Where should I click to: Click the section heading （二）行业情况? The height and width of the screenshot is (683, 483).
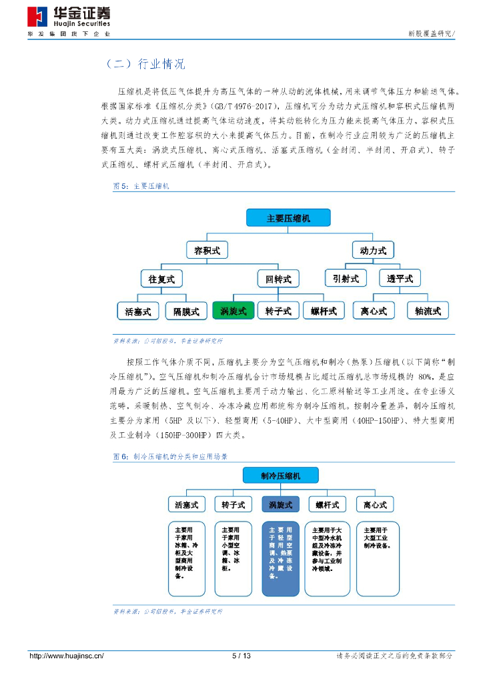pyautogui.click(x=145, y=64)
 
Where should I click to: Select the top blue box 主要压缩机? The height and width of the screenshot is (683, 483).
pyautogui.click(x=288, y=218)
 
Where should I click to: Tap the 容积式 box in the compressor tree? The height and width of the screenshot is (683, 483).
pyautogui.click(x=207, y=251)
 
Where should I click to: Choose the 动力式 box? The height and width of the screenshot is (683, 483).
pyautogui.click(x=373, y=251)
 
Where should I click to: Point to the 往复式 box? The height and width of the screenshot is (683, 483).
pyautogui.click(x=161, y=279)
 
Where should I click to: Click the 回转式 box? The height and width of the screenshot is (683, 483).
pyautogui.click(x=278, y=279)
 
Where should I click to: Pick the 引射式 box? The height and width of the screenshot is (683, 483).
pyautogui.click(x=346, y=278)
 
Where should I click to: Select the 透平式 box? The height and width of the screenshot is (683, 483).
pyautogui.click(x=400, y=278)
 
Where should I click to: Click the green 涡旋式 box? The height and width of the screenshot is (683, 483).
pyautogui.click(x=233, y=311)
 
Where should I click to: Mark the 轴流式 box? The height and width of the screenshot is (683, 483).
pyautogui.click(x=428, y=311)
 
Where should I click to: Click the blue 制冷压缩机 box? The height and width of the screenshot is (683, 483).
pyautogui.click(x=280, y=476)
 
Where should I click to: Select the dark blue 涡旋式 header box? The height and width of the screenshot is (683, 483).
pyautogui.click(x=280, y=505)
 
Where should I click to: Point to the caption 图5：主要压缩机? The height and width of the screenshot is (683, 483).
pyautogui.click(x=141, y=186)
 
